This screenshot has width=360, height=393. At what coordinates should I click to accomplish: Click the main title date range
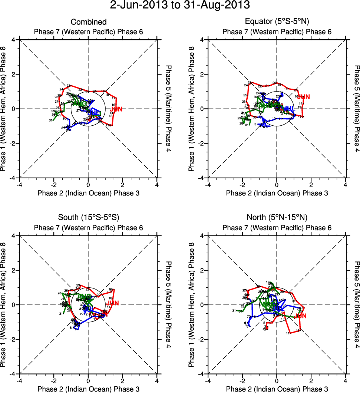click(180, 6)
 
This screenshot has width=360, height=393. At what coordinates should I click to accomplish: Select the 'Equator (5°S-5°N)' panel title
click(277, 22)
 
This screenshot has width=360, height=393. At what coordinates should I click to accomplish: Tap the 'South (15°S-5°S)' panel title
click(88, 217)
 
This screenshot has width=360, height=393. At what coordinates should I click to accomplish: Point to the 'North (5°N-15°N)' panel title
click(277, 217)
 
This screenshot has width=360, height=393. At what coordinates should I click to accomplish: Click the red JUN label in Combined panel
click(116, 109)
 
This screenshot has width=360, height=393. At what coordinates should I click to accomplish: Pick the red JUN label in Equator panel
click(303, 97)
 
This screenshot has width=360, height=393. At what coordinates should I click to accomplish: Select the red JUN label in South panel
click(113, 303)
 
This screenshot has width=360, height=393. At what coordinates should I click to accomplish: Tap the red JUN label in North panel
click(300, 316)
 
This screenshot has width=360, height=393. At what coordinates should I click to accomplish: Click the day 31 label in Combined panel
click(50, 120)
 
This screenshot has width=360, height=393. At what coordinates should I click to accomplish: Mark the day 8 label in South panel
click(71, 328)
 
